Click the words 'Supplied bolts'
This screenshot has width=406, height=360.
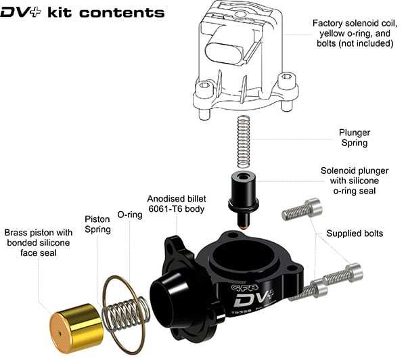[x=355, y=233]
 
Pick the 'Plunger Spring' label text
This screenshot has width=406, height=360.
[x=355, y=139]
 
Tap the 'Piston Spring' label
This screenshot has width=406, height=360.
[x=97, y=225]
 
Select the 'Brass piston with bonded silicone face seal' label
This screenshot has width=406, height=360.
[x=39, y=241]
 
